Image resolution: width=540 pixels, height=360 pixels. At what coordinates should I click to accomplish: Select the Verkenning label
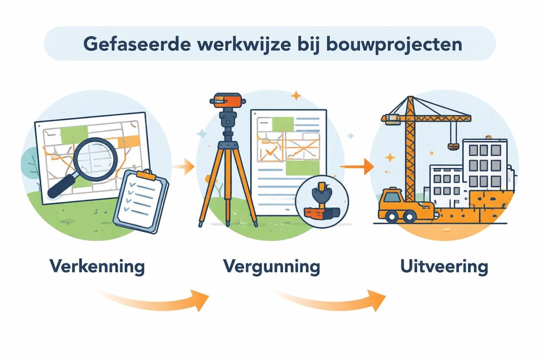pyautogui.click(x=97, y=266)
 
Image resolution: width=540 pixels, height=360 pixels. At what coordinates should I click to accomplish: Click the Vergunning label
pyautogui.click(x=271, y=266)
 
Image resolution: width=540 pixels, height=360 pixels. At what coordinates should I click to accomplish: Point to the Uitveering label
pyautogui.click(x=444, y=266)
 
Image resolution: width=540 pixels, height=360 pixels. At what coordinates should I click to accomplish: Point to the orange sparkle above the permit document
pyautogui.click(x=296, y=95)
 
